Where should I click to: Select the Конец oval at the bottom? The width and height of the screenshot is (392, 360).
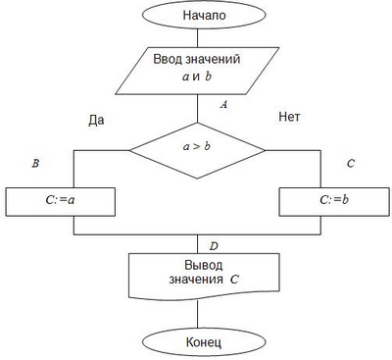(198, 342)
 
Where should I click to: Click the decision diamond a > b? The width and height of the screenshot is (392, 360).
(198, 150)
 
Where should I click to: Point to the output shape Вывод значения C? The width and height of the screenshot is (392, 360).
(198, 274)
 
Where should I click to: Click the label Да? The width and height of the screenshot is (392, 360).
(96, 120)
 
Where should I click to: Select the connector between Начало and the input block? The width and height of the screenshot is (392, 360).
(198, 40)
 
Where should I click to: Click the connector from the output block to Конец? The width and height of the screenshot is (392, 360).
(198, 313)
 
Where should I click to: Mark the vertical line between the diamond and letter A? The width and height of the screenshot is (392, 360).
(198, 109)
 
